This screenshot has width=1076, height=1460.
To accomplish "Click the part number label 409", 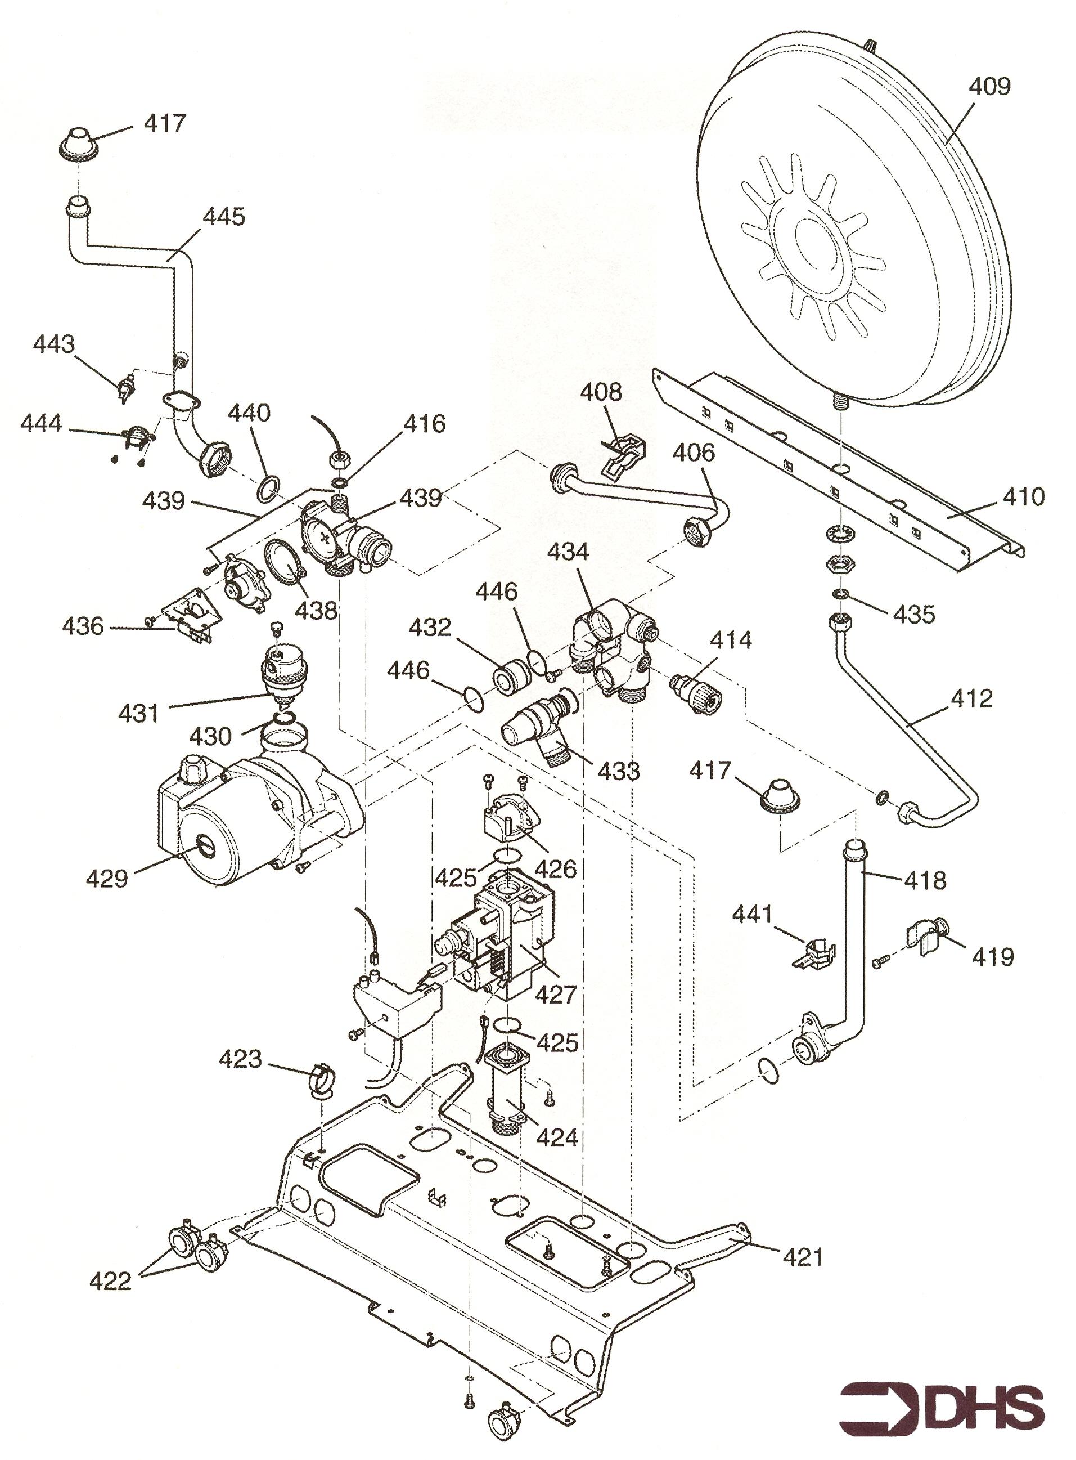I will tap(989, 87).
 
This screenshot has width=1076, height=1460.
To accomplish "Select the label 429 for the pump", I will tap(107, 879).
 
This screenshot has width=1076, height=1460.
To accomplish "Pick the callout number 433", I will tap(619, 771).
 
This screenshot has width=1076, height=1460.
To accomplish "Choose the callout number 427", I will tap(556, 994).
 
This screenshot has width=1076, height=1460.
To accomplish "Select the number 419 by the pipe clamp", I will tap(993, 957).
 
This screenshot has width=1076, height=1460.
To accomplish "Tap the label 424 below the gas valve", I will tap(557, 1138).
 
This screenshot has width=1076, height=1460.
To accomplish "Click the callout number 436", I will tap(83, 626).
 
